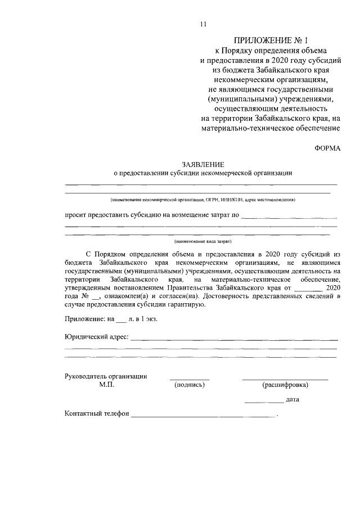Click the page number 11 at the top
(204, 24)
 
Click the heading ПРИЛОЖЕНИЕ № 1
(271, 39)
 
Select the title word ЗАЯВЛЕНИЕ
(203, 164)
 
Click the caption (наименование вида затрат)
(203, 241)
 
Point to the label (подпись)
(190, 385)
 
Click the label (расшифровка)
(285, 385)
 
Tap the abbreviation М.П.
(106, 385)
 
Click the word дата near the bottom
(292, 400)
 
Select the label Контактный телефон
(97, 414)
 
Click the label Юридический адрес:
(97, 337)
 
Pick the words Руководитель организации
(106, 377)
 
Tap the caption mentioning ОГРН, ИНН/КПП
(203, 200)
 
